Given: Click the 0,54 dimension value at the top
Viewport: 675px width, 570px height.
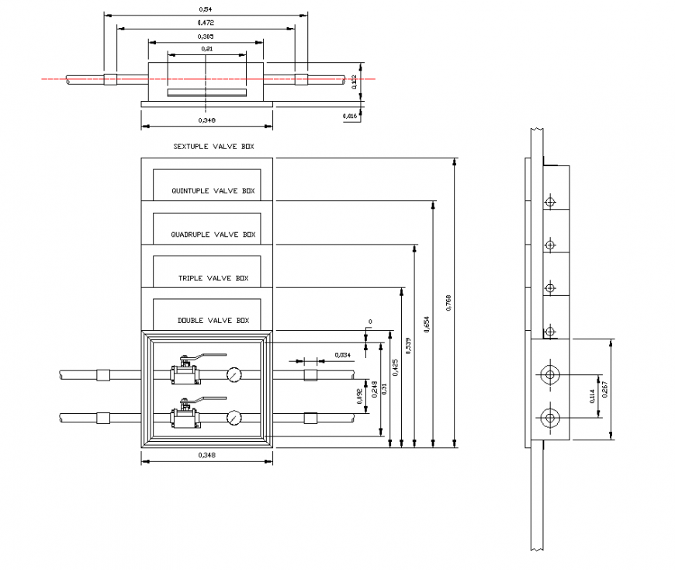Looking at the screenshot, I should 206,9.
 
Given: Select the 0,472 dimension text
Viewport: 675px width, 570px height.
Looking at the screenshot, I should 206,23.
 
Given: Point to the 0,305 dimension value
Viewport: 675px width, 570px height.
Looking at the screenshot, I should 206,36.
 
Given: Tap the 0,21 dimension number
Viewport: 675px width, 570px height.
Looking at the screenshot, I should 206,49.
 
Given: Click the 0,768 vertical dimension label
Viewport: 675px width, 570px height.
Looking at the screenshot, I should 448,303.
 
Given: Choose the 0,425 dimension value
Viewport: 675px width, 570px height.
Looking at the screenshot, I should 395,367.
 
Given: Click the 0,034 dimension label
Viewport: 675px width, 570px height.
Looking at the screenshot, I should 342,355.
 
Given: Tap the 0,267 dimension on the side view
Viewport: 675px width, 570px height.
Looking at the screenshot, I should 604,389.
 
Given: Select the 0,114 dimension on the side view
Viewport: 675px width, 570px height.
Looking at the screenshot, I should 592,396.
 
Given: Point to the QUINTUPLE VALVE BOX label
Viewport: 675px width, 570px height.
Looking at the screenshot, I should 213,190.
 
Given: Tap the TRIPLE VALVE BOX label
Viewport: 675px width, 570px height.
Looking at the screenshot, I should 213,278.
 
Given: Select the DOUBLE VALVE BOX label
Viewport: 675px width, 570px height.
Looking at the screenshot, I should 213,321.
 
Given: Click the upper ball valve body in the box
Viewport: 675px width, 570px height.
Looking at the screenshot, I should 185,376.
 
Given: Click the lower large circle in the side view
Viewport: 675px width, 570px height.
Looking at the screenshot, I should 550,418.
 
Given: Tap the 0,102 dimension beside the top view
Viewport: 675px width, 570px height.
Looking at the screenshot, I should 355,81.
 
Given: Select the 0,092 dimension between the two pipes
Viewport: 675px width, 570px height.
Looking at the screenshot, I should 358,397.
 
